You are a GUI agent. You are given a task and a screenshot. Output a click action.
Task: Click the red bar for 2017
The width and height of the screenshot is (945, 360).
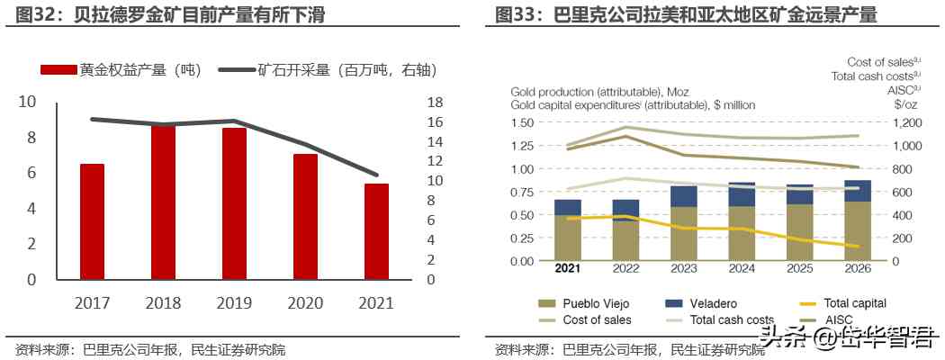click(92, 221)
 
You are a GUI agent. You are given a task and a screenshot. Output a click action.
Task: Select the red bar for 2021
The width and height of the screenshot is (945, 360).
click(376, 231)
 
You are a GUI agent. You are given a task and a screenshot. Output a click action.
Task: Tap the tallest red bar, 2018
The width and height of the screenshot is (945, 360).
click(163, 202)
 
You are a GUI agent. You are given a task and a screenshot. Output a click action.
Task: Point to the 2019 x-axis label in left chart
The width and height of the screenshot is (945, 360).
click(234, 303)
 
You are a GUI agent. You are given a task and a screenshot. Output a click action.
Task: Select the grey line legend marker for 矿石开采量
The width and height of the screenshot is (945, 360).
click(237, 70)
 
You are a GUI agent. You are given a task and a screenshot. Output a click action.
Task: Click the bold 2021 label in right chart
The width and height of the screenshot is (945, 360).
click(567, 268)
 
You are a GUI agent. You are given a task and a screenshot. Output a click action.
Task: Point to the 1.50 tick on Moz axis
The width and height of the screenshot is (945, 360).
click(522, 122)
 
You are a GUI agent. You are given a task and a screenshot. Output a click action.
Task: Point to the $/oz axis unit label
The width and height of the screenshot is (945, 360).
click(907, 104)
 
